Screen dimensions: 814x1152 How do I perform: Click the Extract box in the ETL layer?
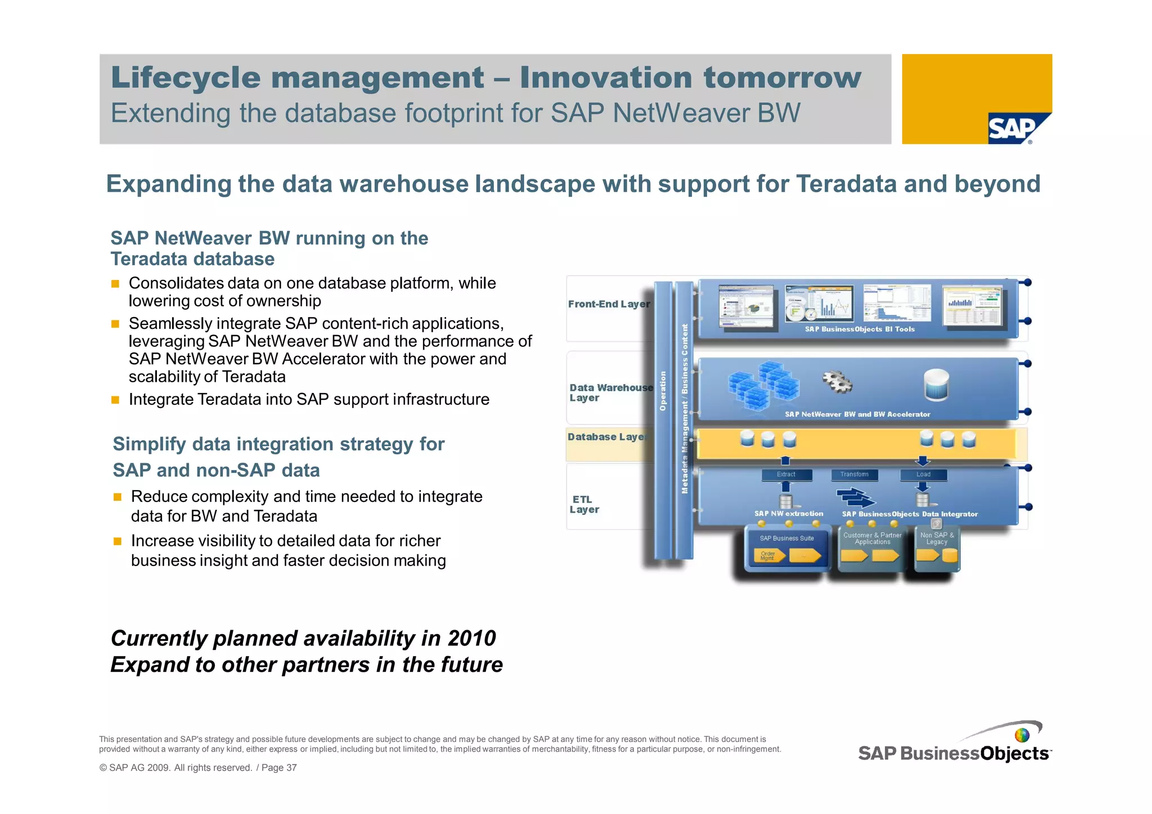[x=786, y=474]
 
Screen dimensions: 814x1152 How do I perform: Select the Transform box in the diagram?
[x=854, y=474]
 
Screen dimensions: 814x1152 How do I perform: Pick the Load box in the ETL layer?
[x=923, y=474]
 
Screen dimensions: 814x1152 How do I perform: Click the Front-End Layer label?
[x=609, y=304]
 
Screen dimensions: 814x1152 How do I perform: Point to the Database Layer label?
[x=606, y=437]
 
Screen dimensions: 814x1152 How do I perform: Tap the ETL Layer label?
[x=584, y=504]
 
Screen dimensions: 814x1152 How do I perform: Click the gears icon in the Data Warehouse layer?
[x=837, y=382]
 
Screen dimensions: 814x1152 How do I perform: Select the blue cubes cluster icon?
[x=763, y=385]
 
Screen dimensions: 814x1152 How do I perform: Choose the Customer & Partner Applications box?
[x=872, y=548]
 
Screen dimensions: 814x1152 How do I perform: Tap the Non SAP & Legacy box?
[x=937, y=548]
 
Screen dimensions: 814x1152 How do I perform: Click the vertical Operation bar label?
[x=663, y=391]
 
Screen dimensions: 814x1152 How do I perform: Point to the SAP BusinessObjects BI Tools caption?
[x=859, y=329]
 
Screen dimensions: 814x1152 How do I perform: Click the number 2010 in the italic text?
[x=471, y=639]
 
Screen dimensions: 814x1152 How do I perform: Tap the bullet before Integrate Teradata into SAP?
[x=115, y=400]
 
